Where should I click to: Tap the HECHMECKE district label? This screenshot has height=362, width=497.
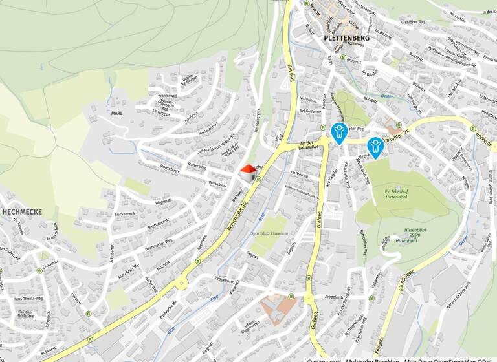(x=23, y=211)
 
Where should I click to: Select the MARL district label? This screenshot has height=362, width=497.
(x=116, y=113)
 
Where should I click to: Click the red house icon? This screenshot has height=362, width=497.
(x=248, y=173)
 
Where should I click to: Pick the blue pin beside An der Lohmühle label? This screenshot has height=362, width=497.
(x=338, y=133)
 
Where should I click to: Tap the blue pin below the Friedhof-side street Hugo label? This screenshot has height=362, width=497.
(x=374, y=146)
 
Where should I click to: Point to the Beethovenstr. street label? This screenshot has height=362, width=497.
(x=159, y=223)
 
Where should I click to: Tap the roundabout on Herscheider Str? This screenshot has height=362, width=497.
(x=182, y=282)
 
